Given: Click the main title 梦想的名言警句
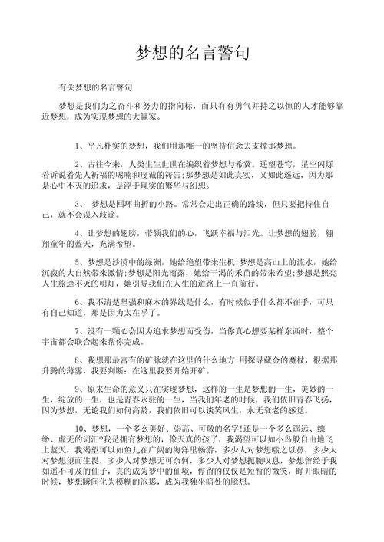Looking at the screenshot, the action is (192, 52).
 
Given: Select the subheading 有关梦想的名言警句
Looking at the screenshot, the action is (95, 88).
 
